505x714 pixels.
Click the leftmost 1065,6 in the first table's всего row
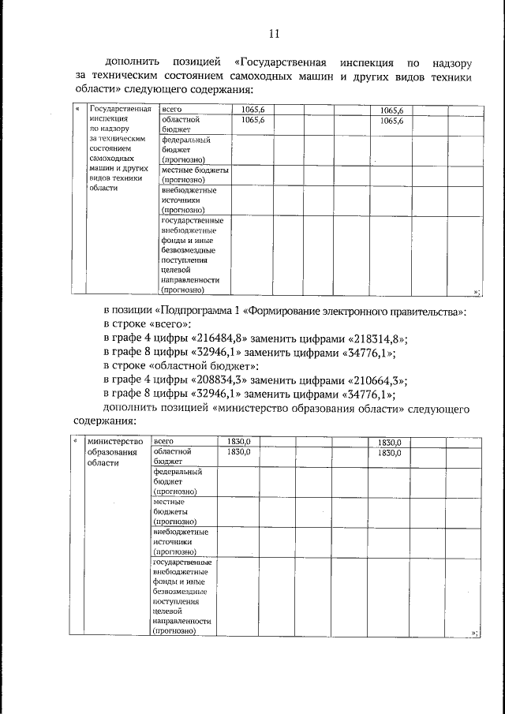[253, 110]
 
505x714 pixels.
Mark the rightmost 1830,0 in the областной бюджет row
[391, 453]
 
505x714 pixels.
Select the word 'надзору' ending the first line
[452, 61]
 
